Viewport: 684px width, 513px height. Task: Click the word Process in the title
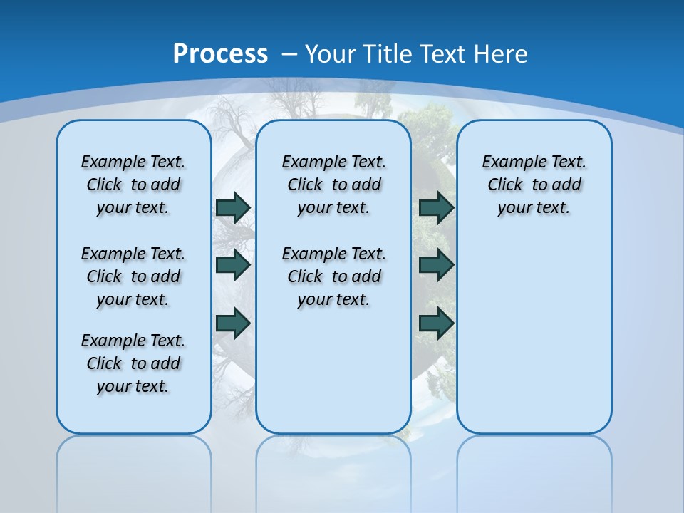click(220, 54)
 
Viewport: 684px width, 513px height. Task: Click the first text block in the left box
click(133, 185)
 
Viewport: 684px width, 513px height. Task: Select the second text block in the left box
click(133, 276)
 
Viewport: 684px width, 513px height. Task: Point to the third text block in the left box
click(133, 363)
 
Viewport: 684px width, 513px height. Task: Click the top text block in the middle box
click(333, 185)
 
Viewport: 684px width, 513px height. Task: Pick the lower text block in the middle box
click(333, 276)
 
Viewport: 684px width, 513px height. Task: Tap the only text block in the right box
click(534, 185)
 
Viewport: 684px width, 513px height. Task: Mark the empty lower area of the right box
click(534, 335)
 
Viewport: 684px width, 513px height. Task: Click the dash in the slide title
click(289, 54)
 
